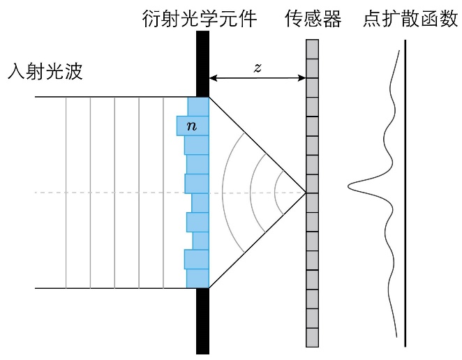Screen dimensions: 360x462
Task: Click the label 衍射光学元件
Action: (199, 19)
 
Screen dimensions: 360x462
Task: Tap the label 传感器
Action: (313, 19)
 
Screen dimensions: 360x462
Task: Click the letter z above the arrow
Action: (258, 68)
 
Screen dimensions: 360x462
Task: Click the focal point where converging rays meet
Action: (306, 192)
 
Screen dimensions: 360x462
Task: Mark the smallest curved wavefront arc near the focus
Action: (276, 192)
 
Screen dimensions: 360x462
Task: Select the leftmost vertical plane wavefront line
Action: (66, 192)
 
